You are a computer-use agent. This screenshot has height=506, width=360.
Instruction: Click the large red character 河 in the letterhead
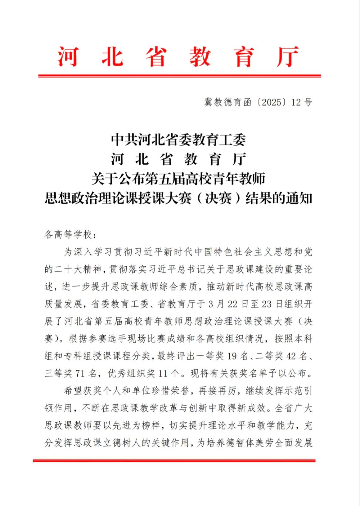click(68, 57)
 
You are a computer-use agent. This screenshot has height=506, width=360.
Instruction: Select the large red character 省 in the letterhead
click(156, 57)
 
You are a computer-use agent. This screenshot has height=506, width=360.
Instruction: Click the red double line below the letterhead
click(179, 76)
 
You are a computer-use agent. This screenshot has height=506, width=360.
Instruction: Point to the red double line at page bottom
click(174, 460)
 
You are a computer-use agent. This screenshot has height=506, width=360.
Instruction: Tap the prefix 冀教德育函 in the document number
click(227, 102)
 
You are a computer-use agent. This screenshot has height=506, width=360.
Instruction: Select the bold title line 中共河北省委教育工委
click(178, 140)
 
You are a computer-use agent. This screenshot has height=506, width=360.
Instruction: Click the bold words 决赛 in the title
click(218, 198)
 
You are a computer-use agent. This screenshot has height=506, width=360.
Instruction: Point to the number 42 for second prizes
click(291, 356)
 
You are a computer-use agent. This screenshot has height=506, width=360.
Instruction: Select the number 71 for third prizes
click(80, 373)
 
